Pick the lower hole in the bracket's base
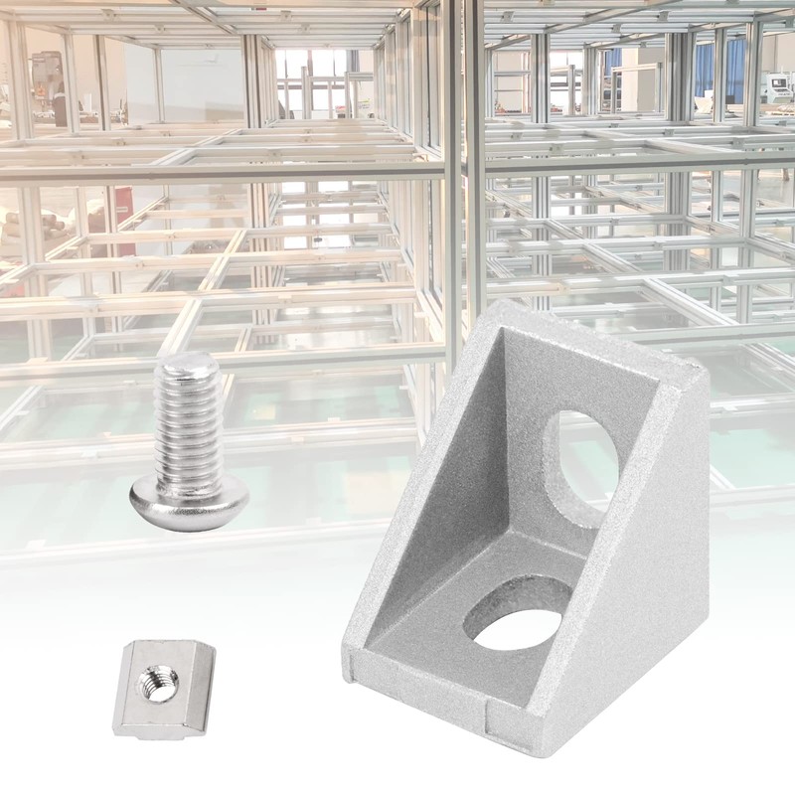tap(517, 621)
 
